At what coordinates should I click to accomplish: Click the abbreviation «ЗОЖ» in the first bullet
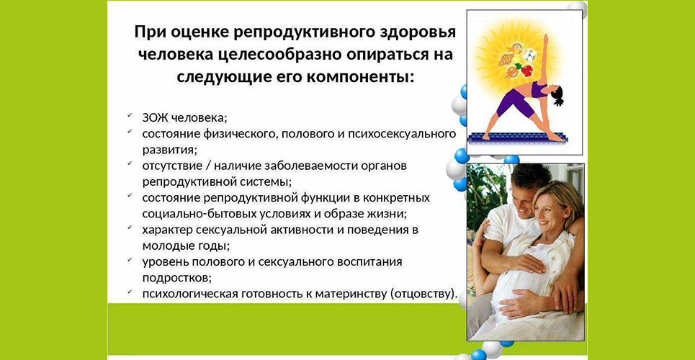[155, 118]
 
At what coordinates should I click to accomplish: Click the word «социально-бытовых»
[191, 213]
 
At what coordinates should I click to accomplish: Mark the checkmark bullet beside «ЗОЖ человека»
[130, 116]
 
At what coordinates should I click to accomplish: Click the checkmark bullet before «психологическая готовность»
[130, 292]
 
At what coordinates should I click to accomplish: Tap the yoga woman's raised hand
[545, 40]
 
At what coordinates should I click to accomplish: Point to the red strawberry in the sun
[526, 70]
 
